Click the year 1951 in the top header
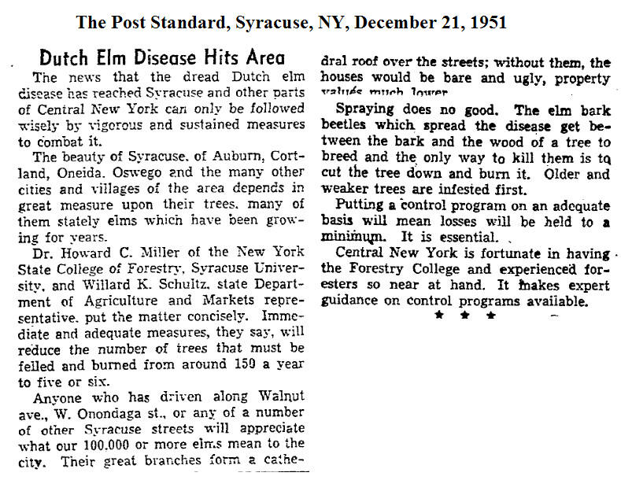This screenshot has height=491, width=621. click(481, 23)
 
